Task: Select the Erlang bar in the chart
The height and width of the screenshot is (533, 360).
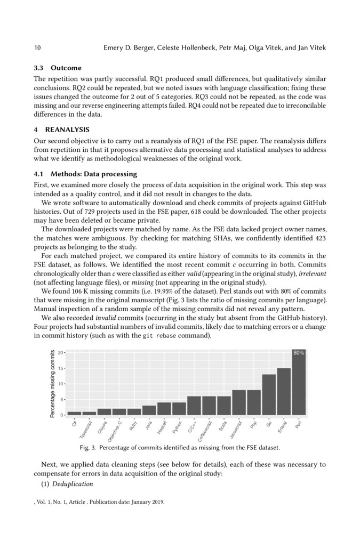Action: (284, 392)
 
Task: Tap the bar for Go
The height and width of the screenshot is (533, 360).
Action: (269, 395)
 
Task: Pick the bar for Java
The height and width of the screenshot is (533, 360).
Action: (149, 410)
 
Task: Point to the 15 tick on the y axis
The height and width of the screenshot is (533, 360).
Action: (62, 368)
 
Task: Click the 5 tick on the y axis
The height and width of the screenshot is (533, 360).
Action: (63, 399)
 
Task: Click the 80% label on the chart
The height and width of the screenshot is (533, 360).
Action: (299, 353)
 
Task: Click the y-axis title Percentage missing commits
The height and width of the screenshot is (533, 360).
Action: (53, 383)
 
